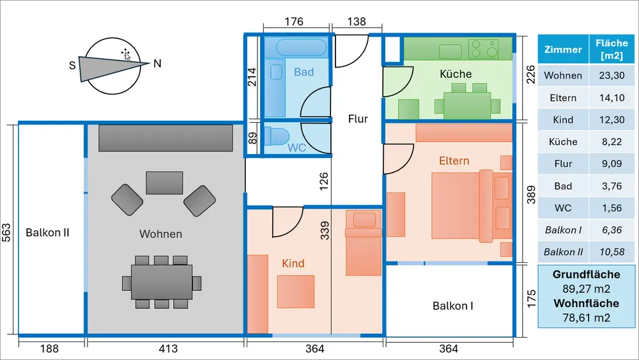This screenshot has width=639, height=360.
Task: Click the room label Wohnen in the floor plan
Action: coord(160,234)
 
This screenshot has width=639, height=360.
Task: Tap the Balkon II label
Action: coord(47,233)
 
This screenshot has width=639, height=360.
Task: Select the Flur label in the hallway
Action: coord(358,118)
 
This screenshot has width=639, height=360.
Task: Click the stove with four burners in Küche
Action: coord(484,48)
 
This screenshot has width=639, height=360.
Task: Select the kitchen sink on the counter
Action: coord(447,50)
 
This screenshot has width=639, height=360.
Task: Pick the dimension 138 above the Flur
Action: coord(356,22)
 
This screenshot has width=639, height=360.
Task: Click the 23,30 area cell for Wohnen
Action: coord(612,75)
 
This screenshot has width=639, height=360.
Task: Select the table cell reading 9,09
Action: coord(612,164)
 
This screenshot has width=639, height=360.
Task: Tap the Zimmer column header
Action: coord(563,49)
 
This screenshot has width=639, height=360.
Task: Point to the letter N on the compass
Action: coord(157,63)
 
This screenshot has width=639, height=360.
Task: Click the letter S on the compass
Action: coord(72,65)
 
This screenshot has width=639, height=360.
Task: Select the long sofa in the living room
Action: coord(165,137)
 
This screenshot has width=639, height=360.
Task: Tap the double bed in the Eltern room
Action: coord(463,205)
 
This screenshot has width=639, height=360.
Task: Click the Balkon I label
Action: coord(452,306)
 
